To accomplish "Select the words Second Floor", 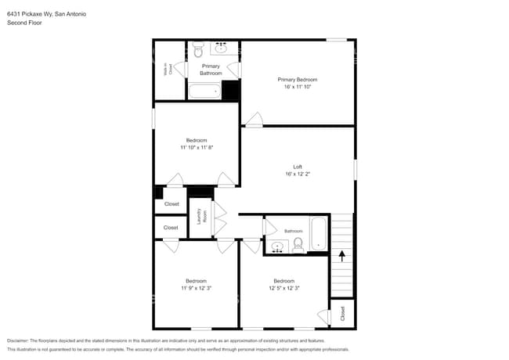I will [24, 23].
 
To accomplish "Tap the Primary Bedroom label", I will [297, 80].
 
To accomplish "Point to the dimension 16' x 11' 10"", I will [297, 88].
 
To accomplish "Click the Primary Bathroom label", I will [211, 70].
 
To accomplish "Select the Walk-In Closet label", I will [168, 70].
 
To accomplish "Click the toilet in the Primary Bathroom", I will [198, 50].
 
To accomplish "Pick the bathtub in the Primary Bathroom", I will [204, 91].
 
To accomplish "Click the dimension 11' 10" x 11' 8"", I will [196, 147].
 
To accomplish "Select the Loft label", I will [298, 167].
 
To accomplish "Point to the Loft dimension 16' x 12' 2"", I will [298, 175].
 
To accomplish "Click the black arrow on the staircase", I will [341, 254].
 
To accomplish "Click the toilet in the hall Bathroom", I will [298, 247].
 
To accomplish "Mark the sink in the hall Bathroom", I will [277, 247].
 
